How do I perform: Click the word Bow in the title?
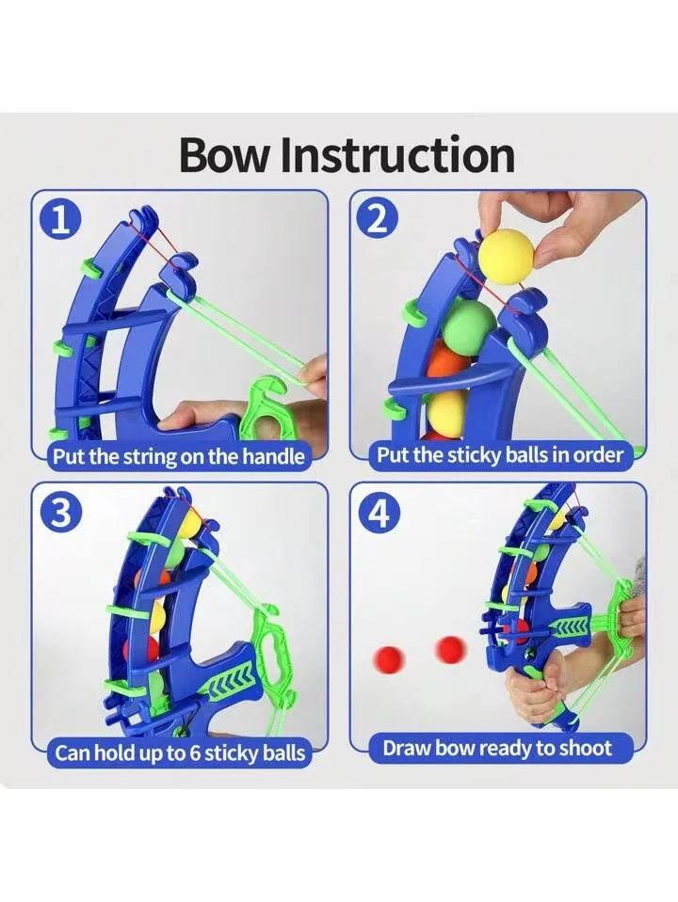(225, 154)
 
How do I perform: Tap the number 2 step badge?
(378, 218)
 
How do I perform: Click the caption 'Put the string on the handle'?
(179, 457)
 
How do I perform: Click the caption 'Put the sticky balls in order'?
(500, 455)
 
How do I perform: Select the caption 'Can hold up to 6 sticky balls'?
(180, 753)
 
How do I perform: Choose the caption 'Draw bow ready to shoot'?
(497, 749)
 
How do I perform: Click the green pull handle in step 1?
(265, 404)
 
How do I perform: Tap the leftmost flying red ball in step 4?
(390, 657)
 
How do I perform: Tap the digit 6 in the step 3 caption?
(194, 752)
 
